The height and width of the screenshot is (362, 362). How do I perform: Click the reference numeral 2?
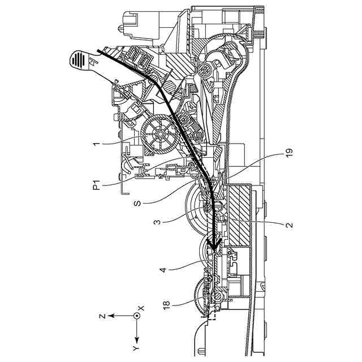click(x=288, y=225)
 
